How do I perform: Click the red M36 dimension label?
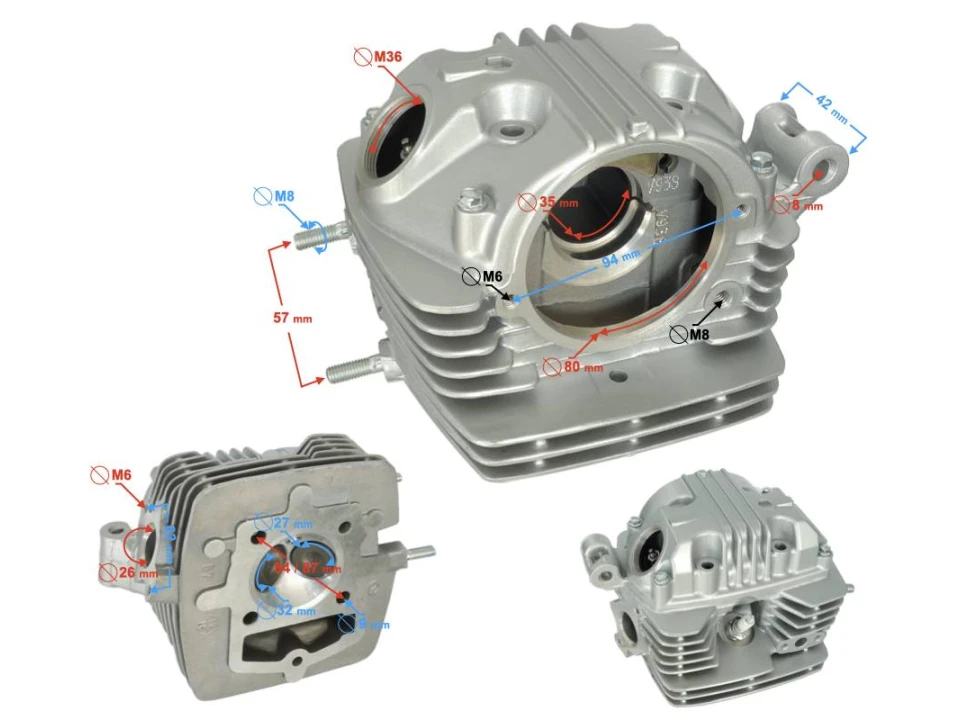coord(388,58)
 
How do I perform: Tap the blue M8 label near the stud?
coord(285,196)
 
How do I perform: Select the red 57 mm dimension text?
coord(293,317)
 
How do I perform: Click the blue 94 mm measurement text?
coord(620,259)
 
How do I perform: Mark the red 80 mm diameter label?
coord(584,366)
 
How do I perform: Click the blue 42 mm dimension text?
coord(831,109)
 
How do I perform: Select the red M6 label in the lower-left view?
coord(121,473)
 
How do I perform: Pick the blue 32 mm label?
coord(297,609)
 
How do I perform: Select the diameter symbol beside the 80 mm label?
coord(551,365)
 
